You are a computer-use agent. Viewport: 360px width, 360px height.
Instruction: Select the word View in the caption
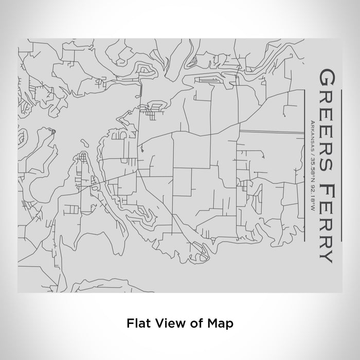165,324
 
